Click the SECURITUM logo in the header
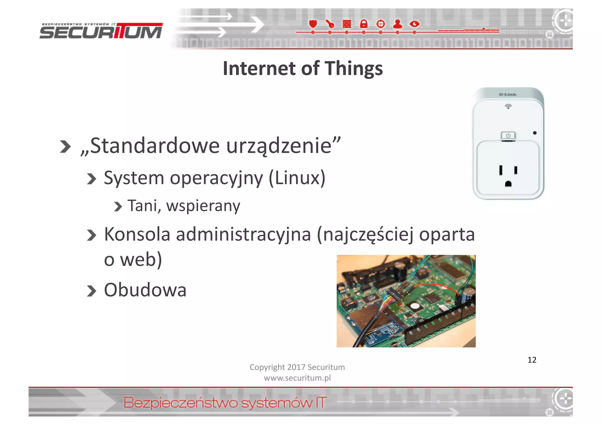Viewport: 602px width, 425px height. coord(101,31)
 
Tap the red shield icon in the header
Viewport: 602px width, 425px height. coord(313,23)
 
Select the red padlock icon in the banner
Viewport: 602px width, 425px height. coord(364,24)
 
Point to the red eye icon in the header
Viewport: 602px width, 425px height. coord(414,24)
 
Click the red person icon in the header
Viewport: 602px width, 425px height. coord(397,24)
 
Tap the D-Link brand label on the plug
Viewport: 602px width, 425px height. coord(508,94)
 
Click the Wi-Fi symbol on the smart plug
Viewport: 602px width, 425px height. coord(508,106)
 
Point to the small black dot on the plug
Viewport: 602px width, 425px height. coord(535,133)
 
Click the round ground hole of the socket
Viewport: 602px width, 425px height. coord(508,184)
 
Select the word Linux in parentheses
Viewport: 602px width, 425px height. coord(297,178)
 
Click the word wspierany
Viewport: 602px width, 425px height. coord(203,206)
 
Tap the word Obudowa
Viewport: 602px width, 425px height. coord(145,290)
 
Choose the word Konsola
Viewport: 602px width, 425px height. coord(137,234)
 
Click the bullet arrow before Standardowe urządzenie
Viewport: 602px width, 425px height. coord(65,147)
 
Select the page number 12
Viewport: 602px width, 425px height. coord(532,360)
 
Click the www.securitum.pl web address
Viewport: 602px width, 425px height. coord(297,378)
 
